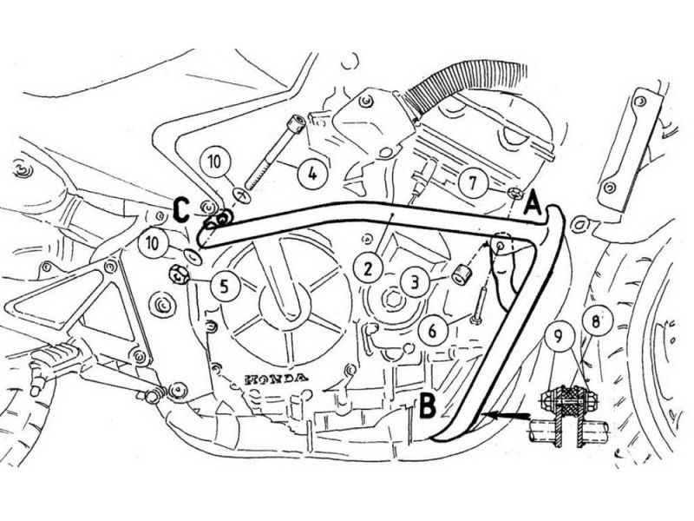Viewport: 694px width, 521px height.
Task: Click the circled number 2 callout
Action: point(368,269)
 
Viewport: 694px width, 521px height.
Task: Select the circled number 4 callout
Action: point(311,172)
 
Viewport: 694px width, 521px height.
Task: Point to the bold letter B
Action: point(426,402)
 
